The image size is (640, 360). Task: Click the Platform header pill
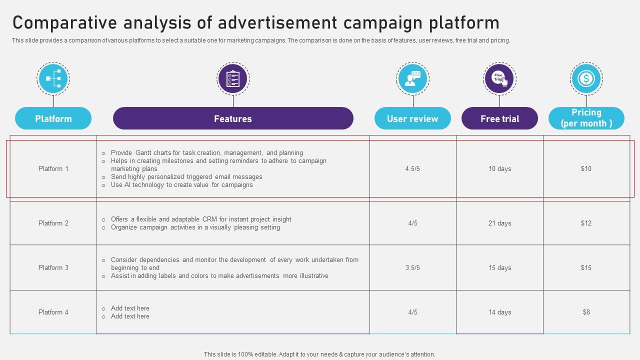(53, 118)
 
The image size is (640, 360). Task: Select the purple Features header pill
(233, 118)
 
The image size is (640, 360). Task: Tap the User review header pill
(412, 118)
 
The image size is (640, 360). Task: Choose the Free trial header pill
(499, 118)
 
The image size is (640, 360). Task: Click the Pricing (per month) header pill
(586, 118)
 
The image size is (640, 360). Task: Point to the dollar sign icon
(586, 78)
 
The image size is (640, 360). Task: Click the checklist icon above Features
(233, 78)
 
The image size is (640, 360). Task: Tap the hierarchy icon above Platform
(53, 78)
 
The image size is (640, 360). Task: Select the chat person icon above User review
(412, 78)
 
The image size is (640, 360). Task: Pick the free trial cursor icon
(499, 78)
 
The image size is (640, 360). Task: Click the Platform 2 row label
(53, 223)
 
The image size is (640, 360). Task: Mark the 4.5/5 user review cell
(412, 168)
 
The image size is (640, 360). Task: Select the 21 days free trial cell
(499, 223)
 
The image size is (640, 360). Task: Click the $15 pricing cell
(586, 267)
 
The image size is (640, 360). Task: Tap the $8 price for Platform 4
(586, 312)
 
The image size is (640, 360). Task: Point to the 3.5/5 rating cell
(412, 267)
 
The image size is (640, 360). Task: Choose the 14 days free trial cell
(499, 312)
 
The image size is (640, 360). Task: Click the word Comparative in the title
(65, 23)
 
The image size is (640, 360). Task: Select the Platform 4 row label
(53, 312)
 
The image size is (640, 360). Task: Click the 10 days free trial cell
(499, 168)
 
